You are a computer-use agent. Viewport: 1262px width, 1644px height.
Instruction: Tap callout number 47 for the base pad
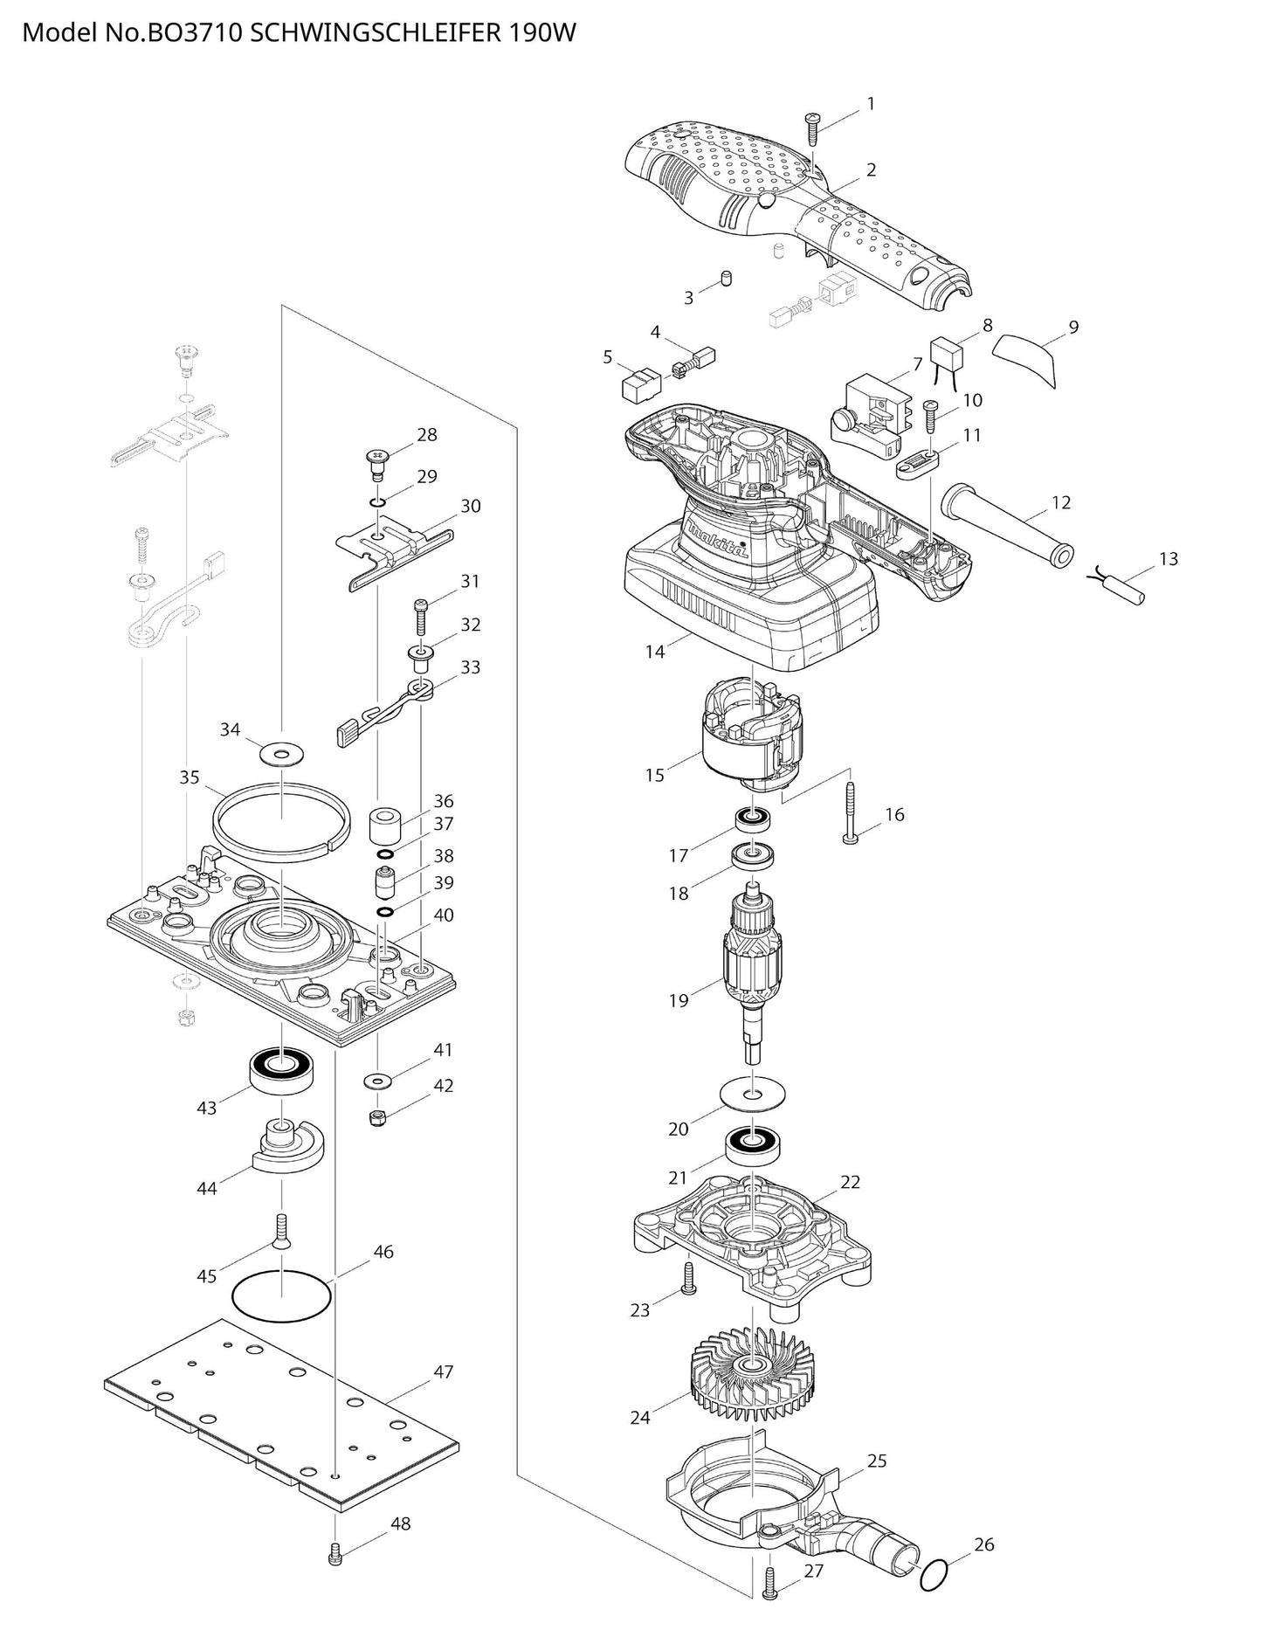[x=444, y=1371]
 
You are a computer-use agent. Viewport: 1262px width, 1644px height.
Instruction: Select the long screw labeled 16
[x=850, y=812]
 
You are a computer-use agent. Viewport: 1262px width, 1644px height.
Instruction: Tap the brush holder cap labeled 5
[x=640, y=384]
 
